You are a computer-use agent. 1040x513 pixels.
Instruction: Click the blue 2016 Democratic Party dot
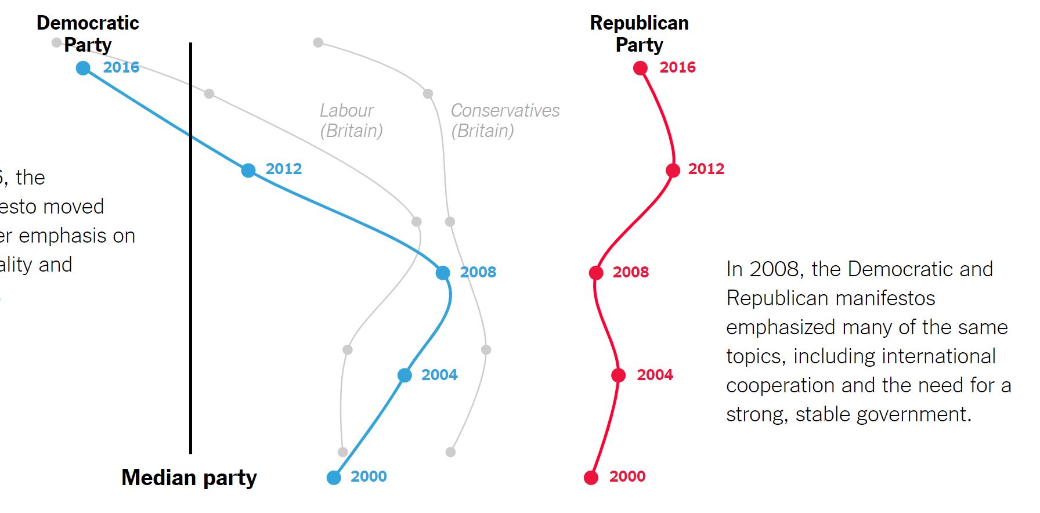tap(84, 68)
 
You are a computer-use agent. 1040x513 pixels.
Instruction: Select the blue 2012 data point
tap(248, 170)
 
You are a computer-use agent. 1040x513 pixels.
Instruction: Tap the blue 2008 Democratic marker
tap(443, 273)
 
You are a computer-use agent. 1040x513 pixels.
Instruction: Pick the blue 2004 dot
tap(405, 375)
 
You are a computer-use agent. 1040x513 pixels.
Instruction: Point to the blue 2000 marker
tap(334, 477)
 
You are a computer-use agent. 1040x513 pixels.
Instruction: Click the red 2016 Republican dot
tap(640, 68)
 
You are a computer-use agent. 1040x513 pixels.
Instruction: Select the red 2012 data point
tap(673, 170)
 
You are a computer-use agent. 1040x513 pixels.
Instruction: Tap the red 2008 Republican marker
tap(596, 273)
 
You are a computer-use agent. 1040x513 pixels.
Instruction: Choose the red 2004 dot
tap(619, 375)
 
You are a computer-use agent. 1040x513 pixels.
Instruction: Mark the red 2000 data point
tap(591, 477)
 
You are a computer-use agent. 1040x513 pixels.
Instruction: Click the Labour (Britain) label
tap(351, 120)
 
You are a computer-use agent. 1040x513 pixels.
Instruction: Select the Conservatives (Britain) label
tap(505, 120)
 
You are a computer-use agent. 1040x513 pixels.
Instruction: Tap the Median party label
tap(189, 478)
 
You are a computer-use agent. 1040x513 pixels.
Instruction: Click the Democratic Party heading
tap(88, 34)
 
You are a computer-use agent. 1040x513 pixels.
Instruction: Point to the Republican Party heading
tap(639, 34)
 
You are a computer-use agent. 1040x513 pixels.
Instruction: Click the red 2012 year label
tap(706, 169)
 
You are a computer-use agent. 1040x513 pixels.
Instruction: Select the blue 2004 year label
tap(439, 375)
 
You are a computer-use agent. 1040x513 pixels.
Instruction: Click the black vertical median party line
tap(190, 290)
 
